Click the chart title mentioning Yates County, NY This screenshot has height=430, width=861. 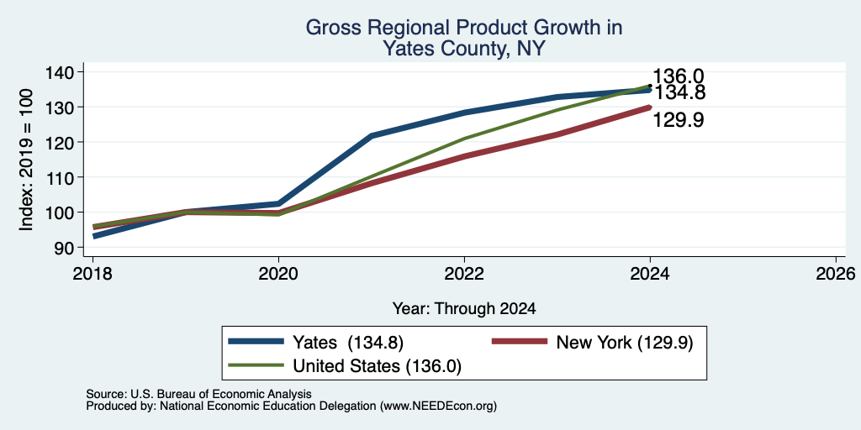point(464,38)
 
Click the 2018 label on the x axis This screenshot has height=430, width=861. point(92,273)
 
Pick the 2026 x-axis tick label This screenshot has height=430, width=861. point(836,273)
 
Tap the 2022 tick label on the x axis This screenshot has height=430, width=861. point(464,273)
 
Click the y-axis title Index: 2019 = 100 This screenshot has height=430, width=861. point(26,160)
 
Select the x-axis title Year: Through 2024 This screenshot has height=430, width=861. point(464,309)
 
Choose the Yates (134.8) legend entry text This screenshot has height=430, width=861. point(348,343)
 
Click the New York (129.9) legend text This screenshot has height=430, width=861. point(625,343)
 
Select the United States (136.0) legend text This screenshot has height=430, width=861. point(377,366)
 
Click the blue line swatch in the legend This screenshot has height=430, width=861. point(256,342)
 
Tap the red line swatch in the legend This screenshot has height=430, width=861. point(520,342)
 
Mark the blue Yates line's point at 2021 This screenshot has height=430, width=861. point(372,135)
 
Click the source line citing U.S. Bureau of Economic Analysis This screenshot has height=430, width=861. point(198,394)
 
